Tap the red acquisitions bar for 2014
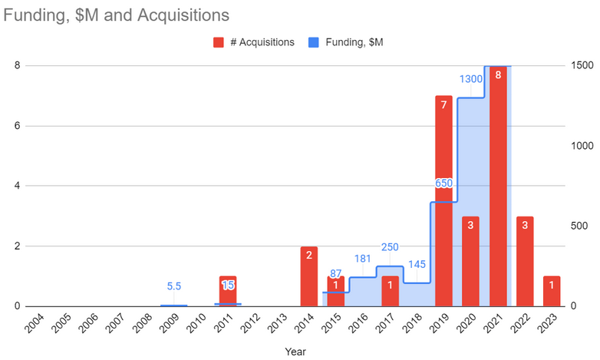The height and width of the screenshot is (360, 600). tap(309, 276)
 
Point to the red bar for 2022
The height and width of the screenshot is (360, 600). tap(526, 261)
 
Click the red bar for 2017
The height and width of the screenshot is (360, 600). tap(391, 291)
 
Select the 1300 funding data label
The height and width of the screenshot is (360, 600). tap(471, 79)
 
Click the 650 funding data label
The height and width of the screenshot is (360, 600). tap(444, 183)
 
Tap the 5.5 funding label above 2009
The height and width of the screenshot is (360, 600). tap(173, 286)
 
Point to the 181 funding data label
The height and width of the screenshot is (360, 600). tap(363, 259)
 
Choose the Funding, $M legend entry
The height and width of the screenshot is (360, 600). tap(348, 42)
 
